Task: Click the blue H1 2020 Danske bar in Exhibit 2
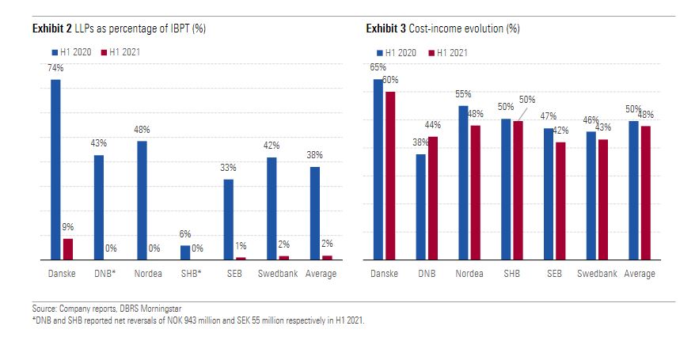coord(55,169)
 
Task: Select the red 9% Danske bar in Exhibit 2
coord(68,249)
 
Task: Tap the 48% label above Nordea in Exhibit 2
coord(142,130)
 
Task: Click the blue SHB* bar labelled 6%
coord(185,252)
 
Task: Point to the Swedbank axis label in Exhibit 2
coord(277,274)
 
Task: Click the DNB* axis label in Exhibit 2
coord(104,274)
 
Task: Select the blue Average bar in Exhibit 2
coord(314,213)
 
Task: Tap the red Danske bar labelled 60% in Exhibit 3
coord(389,176)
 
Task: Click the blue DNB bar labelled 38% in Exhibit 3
coord(420,207)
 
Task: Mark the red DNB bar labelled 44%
coord(432,198)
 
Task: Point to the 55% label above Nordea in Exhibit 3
coord(464,94)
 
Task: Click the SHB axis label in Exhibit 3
coord(512,274)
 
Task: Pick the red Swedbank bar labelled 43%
coord(603,199)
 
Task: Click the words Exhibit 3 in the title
coord(385,28)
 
